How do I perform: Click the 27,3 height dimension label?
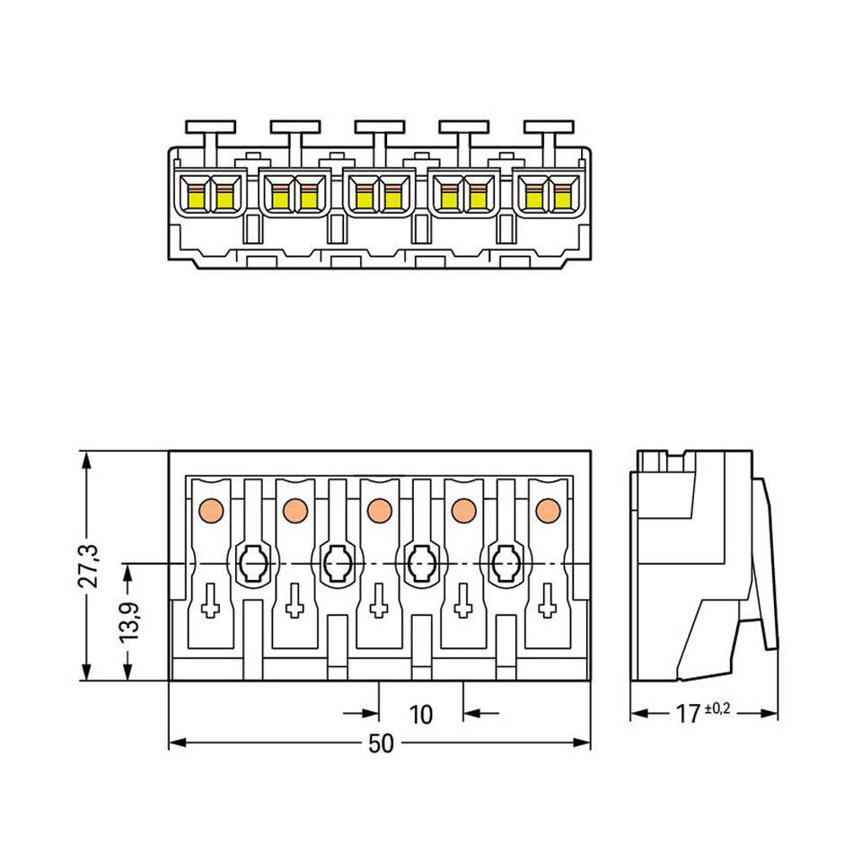[90, 566]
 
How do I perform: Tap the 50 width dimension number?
[381, 744]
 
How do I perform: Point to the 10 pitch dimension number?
[420, 715]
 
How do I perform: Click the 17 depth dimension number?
[688, 715]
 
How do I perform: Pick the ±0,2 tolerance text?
[717, 708]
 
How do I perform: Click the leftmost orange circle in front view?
[210, 510]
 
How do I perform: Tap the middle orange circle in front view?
[379, 510]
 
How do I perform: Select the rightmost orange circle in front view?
[547, 510]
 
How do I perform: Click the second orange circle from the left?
[295, 510]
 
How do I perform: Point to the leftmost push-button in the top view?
[210, 128]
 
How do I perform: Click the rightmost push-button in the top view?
[548, 128]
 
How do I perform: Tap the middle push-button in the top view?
[379, 128]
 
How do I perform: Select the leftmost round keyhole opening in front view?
[252, 564]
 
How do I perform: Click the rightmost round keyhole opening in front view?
[505, 564]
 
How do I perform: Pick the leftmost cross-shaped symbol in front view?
[210, 600]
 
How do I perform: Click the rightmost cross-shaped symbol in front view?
[547, 600]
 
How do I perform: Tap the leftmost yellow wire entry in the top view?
[196, 196]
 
